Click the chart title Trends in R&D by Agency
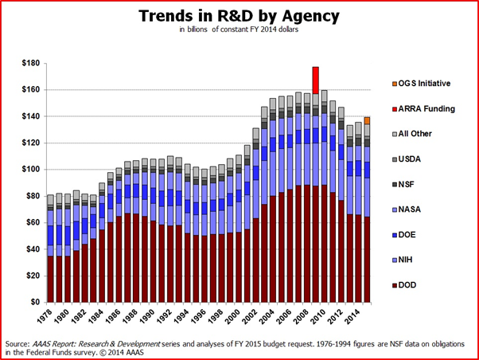click(x=240, y=16)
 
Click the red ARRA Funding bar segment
click(x=316, y=80)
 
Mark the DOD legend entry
click(x=409, y=285)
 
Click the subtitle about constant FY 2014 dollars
click(x=240, y=33)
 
